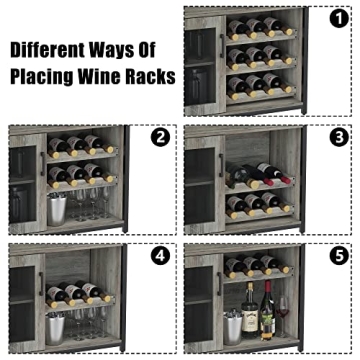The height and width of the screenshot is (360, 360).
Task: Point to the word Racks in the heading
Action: point(150,75)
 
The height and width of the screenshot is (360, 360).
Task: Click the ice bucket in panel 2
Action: point(57,210)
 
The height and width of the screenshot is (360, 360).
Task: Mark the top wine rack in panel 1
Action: point(261,27)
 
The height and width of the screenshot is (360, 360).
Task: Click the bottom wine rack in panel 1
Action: point(261,88)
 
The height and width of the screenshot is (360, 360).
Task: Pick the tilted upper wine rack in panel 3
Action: point(262,176)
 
